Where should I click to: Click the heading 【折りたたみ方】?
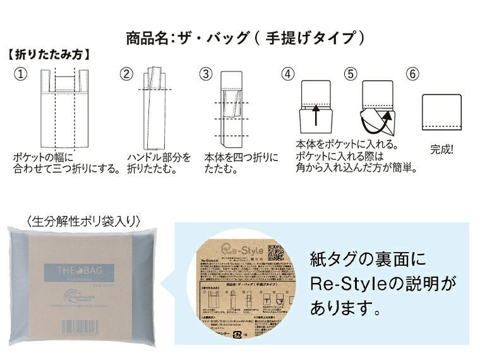point(49,55)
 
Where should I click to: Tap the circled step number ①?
point(21,74)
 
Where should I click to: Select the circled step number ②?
point(127,74)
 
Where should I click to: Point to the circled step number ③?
point(206,74)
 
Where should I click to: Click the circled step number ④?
point(289,74)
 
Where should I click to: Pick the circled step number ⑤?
point(351,74)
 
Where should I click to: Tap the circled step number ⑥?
point(413,74)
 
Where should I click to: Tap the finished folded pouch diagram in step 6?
point(441,112)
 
